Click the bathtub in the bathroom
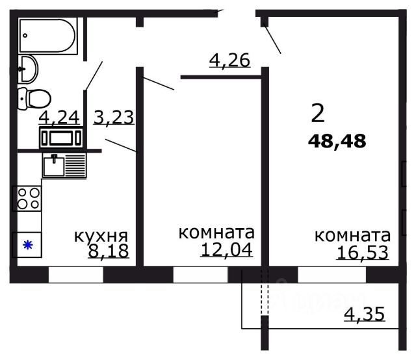(x=48, y=35)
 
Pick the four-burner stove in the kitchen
(x=28, y=198)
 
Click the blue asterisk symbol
(x=27, y=245)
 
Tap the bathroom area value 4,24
(x=59, y=118)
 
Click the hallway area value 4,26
(x=229, y=60)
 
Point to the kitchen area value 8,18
(x=108, y=251)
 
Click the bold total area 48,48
(x=337, y=140)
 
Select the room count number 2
(x=317, y=114)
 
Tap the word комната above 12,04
(x=216, y=233)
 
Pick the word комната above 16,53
(x=352, y=235)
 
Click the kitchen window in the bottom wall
(x=75, y=275)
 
